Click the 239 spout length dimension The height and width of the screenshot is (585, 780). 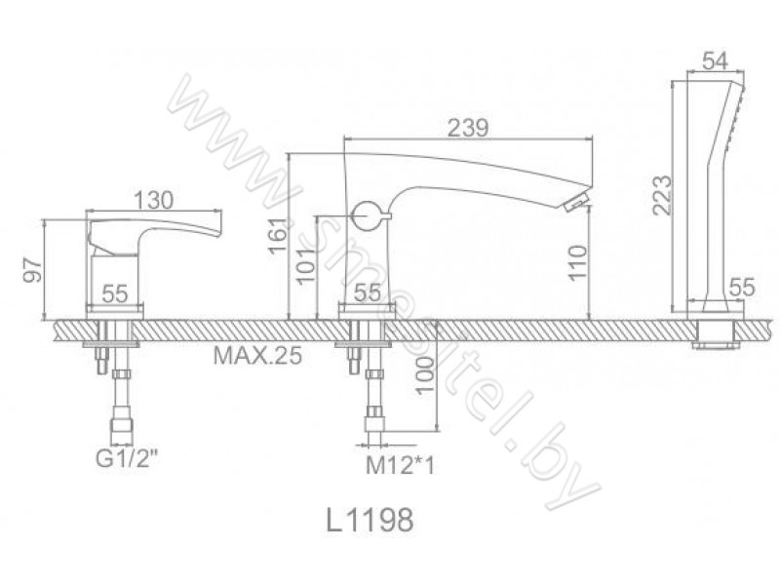468,128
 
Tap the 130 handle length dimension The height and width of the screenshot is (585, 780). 154,201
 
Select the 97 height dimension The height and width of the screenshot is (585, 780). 33,269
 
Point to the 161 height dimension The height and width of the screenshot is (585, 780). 279,235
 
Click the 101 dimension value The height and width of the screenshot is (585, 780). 307,264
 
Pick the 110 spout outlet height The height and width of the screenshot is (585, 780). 578,262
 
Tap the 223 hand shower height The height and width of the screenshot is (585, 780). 662,194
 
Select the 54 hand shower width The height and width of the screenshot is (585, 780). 715,61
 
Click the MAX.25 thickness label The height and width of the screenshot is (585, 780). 257,355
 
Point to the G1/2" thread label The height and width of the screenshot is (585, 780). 128,458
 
